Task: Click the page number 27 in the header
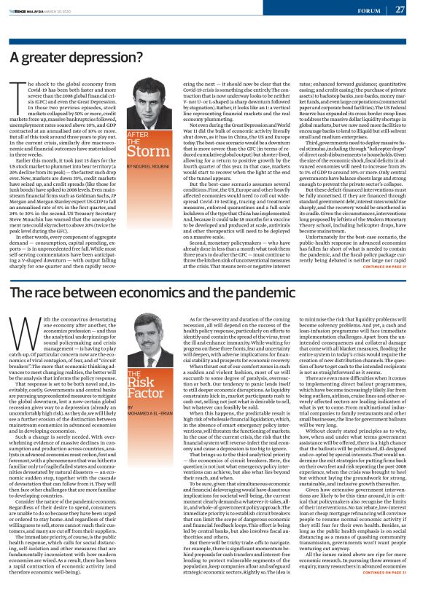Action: coord(400,9)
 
